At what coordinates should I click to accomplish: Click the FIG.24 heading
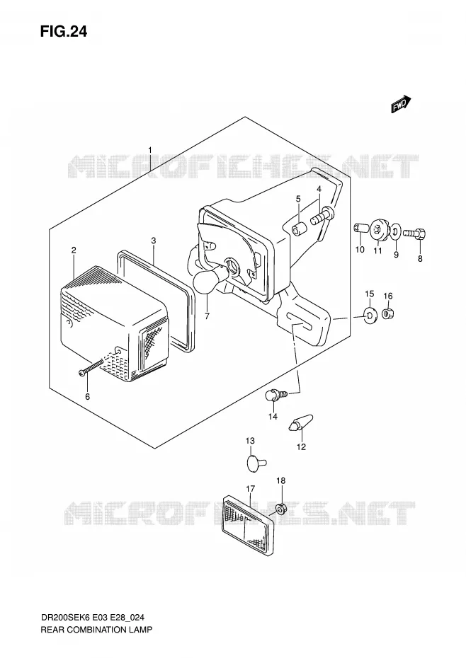coord(64,31)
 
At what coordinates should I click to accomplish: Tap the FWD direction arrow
coord(401,103)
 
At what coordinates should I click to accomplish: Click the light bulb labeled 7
coord(210,279)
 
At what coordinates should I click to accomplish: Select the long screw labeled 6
coord(91,366)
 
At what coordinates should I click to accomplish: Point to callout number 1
coord(150,150)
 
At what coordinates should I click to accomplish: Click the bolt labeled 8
coord(414,233)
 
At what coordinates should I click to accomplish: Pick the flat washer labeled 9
coord(395,231)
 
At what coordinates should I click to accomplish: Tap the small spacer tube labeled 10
coord(360,229)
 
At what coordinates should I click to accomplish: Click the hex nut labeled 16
coord(387,313)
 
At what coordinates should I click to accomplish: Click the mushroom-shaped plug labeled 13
coord(255,463)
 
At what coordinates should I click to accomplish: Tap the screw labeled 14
coord(276,395)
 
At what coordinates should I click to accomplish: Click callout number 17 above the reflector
coord(251,488)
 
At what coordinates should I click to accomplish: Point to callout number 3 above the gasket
coord(154,241)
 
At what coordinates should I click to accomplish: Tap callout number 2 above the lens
coord(74,250)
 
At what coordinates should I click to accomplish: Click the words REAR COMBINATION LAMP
coord(96,630)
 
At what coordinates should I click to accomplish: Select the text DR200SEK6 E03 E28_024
coord(93,617)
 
